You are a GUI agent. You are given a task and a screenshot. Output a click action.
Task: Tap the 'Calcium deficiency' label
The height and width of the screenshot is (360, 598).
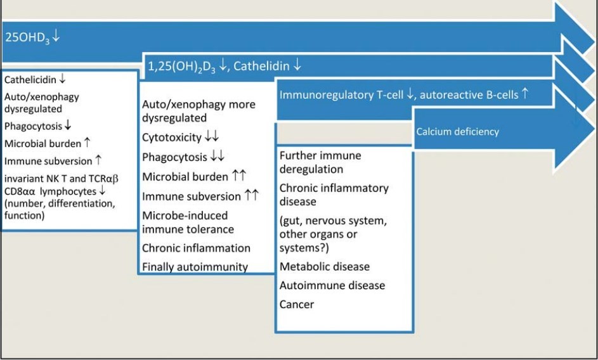coord(457,132)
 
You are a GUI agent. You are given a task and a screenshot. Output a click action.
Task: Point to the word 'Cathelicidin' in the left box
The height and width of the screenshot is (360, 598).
coord(30,80)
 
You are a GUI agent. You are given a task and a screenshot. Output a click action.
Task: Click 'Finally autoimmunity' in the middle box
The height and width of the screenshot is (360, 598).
coord(195,267)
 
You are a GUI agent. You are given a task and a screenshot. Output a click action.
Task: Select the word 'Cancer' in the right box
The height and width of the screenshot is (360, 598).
coord(297,304)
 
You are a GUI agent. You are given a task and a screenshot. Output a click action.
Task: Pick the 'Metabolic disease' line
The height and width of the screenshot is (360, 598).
coord(325,267)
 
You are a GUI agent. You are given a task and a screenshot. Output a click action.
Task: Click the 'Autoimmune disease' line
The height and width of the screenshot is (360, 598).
coord(332,285)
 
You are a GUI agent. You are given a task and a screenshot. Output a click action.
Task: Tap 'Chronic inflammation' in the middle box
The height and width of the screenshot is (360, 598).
coord(196,248)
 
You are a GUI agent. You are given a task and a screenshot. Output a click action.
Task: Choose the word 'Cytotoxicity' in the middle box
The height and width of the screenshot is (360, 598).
coord(172,137)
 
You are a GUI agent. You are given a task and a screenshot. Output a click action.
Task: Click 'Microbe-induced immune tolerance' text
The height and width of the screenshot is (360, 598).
coord(188,222)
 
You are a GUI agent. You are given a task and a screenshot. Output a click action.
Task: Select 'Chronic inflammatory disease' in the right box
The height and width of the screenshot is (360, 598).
coord(334,195)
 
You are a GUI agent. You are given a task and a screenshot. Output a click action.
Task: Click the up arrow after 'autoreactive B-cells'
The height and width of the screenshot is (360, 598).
coord(525,94)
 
